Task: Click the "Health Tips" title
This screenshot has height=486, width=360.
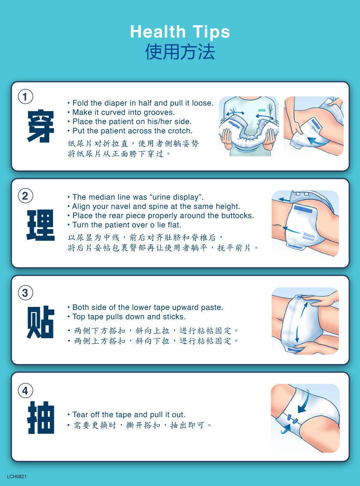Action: coord(180,32)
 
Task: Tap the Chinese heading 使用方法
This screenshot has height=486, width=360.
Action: coord(180,51)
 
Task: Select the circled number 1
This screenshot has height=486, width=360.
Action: coord(25,97)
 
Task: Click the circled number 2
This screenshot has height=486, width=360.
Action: coord(25,196)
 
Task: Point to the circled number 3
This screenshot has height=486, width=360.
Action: coord(25,293)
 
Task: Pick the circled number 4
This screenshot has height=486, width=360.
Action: coord(25,391)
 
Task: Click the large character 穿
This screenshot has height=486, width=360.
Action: coord(41,126)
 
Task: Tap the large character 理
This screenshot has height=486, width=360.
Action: coord(41,225)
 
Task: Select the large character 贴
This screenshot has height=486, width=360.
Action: coord(41,322)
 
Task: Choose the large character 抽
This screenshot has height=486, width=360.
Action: coord(41,418)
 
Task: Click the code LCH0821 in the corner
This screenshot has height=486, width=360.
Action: coord(17,477)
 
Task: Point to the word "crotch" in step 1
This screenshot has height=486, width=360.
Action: coord(179,131)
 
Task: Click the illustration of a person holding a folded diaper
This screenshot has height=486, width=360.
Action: coord(249,126)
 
